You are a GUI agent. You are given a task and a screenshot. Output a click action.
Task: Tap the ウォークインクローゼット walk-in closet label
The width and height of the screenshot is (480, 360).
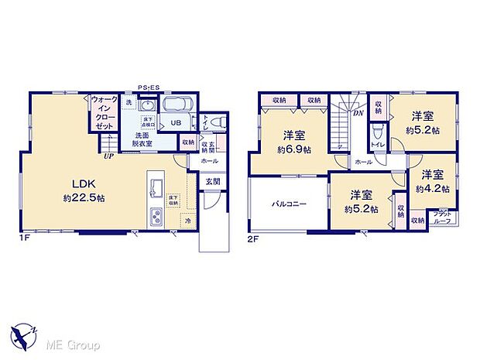[103, 113]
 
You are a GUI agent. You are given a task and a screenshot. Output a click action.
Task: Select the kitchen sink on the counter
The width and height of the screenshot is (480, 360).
[153, 187]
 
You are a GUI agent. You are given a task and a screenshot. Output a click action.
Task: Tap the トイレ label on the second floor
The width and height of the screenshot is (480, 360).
[379, 144]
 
